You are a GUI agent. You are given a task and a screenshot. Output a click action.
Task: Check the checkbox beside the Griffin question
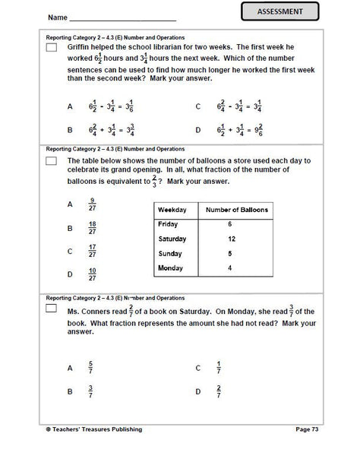tap(52, 48)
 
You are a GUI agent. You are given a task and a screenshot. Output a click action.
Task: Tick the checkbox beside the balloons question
tap(52, 162)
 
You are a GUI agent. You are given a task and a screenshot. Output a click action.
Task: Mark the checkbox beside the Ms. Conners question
tap(52, 311)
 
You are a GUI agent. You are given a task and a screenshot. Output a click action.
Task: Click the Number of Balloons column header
tap(235, 210)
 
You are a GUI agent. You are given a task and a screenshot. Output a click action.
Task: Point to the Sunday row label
tap(169, 254)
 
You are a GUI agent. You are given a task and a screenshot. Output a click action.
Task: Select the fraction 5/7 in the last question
tap(91, 368)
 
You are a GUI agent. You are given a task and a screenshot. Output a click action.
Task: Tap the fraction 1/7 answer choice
tap(218, 368)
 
